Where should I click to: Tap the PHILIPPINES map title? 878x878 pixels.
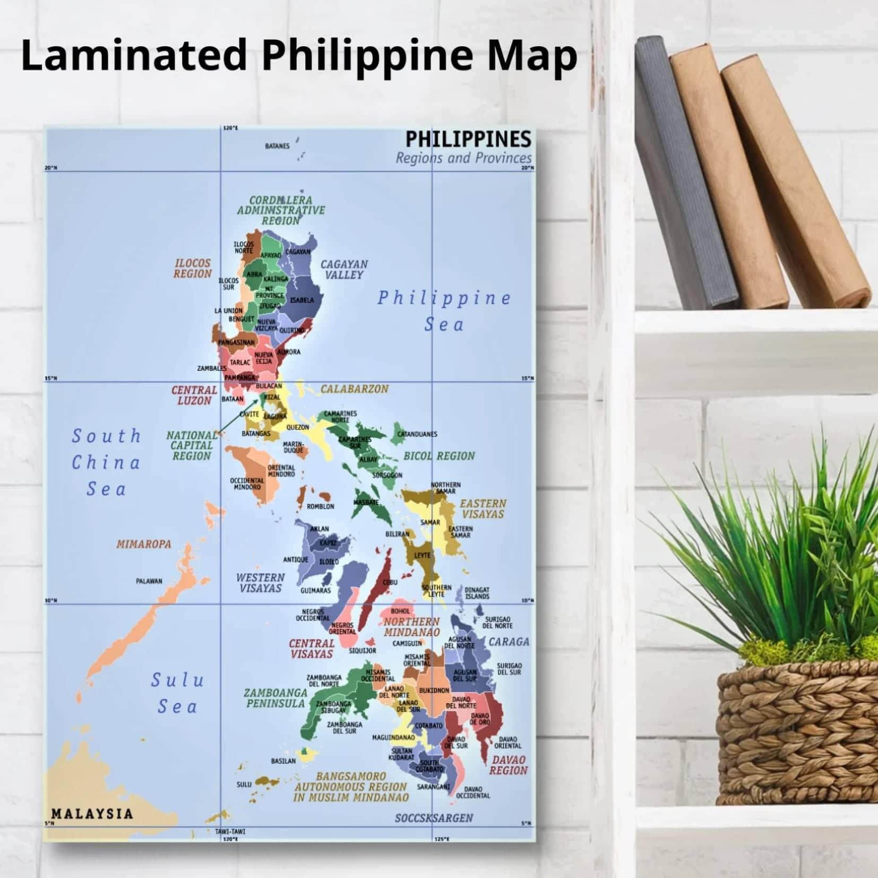[468, 139]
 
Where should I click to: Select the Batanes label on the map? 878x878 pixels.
[277, 146]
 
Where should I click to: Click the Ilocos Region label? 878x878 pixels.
[193, 269]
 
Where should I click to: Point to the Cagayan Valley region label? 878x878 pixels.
[344, 269]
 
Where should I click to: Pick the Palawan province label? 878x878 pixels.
[149, 581]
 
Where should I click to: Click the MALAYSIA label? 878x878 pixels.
[92, 814]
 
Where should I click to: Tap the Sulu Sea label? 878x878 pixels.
[177, 693]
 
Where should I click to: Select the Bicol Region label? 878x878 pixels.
[439, 456]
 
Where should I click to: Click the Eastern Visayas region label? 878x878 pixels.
[483, 509]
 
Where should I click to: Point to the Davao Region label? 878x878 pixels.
[509, 765]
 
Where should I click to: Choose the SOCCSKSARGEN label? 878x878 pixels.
[434, 818]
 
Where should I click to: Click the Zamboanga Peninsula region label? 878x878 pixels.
[276, 698]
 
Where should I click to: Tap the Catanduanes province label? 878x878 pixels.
[417, 434]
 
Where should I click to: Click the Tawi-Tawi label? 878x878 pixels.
[230, 831]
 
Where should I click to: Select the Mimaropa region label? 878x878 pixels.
[144, 544]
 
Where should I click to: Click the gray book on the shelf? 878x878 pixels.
[685, 175]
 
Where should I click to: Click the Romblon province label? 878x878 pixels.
[321, 506]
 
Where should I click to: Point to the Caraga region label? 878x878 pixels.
[509, 642]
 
